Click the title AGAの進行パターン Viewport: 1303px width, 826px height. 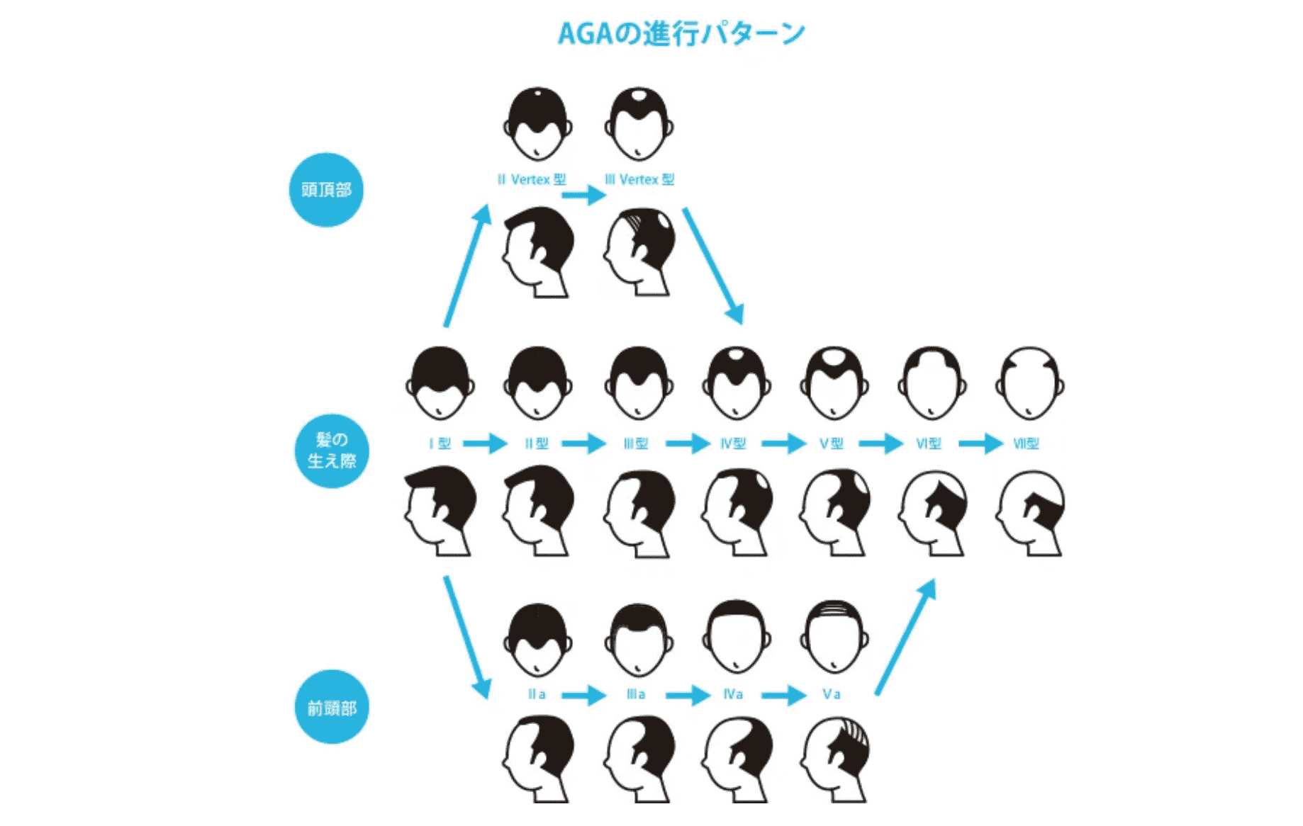click(681, 33)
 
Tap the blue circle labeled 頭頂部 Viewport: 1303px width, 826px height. click(326, 190)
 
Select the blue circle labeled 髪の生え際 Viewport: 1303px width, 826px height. click(332, 451)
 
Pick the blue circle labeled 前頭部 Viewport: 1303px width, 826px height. click(332, 707)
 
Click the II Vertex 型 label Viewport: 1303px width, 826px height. click(532, 180)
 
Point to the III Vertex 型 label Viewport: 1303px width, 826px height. click(639, 180)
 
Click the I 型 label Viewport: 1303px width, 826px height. click(440, 444)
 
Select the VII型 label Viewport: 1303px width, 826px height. click(1026, 444)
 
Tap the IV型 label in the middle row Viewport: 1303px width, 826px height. click(733, 444)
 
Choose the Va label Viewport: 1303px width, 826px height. click(832, 694)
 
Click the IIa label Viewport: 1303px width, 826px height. click(537, 694)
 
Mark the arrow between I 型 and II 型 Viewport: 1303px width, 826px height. click(486, 444)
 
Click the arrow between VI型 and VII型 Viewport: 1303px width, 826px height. click(980, 444)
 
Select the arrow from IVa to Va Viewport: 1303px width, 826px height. click(783, 695)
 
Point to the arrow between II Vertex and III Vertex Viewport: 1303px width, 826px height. click(584, 196)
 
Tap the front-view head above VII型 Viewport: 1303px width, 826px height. click(1029, 383)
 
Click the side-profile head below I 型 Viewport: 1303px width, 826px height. click(440, 511)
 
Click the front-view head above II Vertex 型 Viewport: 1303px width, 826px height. click(538, 125)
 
